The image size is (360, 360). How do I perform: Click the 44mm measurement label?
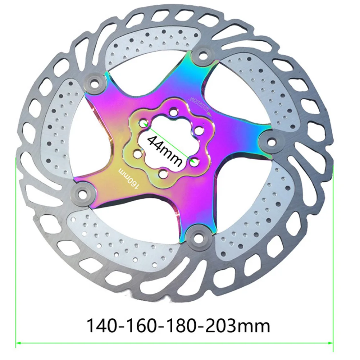[x=165, y=151]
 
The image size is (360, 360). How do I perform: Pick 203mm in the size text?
[x=237, y=325]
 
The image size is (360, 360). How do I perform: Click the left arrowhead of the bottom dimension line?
[x=18, y=343]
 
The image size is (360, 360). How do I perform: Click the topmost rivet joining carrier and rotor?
[x=202, y=55]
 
